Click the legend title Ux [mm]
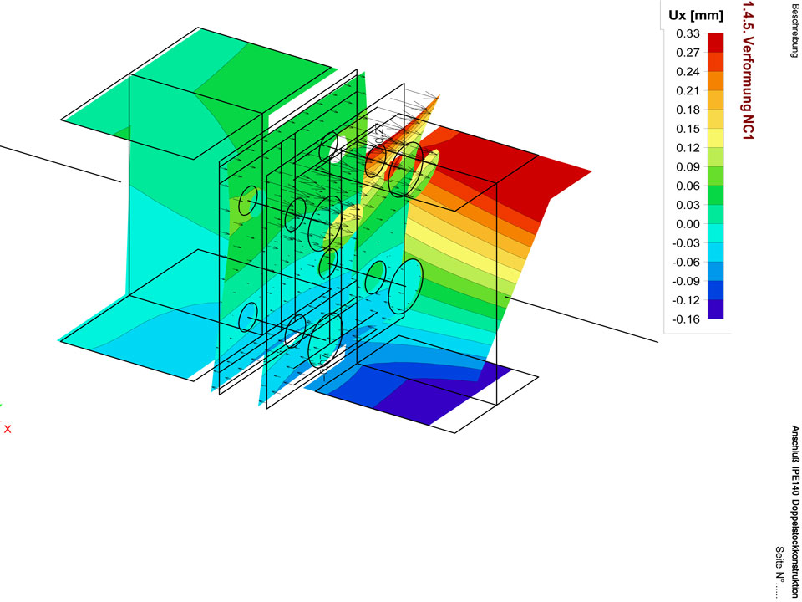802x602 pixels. click(696, 16)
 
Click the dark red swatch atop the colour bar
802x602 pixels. click(716, 43)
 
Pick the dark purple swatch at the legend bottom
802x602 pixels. click(716, 309)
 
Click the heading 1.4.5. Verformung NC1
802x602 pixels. click(749, 69)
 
